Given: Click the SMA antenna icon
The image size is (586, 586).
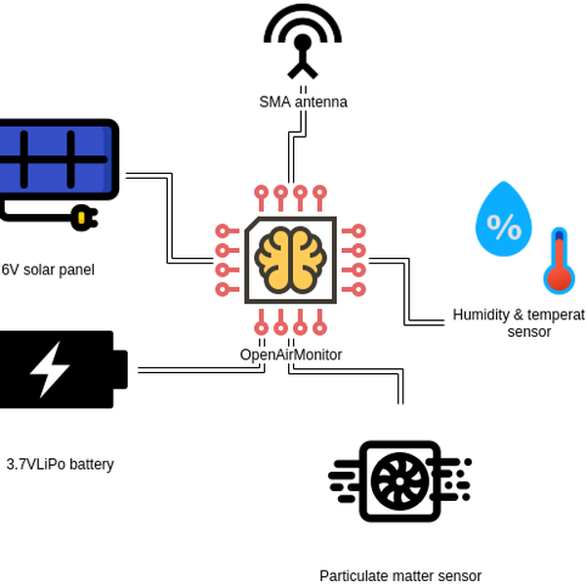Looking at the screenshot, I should pyautogui.click(x=303, y=41).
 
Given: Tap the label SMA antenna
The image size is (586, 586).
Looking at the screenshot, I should pyautogui.click(x=303, y=102).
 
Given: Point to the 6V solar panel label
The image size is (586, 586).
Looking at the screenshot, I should pyautogui.click(x=48, y=270).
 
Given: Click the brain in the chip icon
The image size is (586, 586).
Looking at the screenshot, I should pyautogui.click(x=290, y=260).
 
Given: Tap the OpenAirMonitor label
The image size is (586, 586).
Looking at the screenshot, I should pyautogui.click(x=291, y=355).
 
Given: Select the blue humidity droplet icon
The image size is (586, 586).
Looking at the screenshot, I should pyautogui.click(x=503, y=219).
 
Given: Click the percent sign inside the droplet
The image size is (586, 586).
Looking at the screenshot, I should pyautogui.click(x=504, y=227).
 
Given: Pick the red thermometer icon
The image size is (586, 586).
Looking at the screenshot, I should pyautogui.click(x=559, y=261).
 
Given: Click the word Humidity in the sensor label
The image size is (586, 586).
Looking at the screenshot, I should pyautogui.click(x=481, y=314).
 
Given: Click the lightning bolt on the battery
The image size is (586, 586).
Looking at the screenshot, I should pyautogui.click(x=48, y=368).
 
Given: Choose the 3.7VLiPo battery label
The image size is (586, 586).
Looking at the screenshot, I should pyautogui.click(x=61, y=464).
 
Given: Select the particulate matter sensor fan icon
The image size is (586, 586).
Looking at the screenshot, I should pyautogui.click(x=399, y=481).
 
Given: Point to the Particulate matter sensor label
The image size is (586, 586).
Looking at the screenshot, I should pyautogui.click(x=400, y=576).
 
